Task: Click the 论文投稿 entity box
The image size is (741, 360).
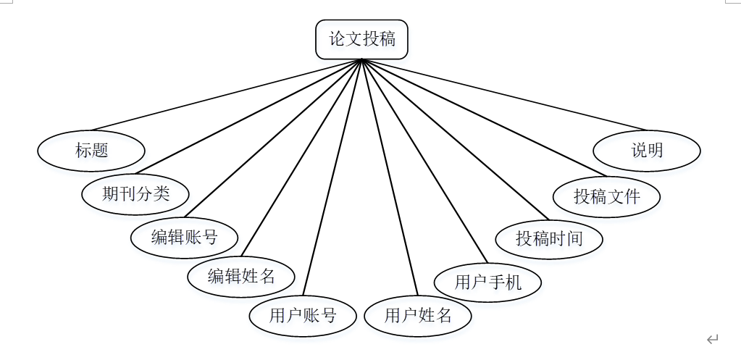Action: coord(362,39)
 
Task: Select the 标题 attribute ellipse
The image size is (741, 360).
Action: coord(91,151)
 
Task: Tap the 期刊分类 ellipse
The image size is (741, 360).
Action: coord(135,193)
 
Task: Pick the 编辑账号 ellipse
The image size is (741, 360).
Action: coord(185,237)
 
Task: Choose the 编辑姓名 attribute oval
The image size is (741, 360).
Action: coord(241,276)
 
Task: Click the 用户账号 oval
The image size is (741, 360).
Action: coord(303,316)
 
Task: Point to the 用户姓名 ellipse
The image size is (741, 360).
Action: coord(418,316)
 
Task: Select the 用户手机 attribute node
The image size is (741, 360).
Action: coord(487,282)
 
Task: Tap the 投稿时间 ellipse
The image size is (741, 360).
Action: coord(549,238)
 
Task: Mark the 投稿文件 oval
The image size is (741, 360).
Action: coord(607,196)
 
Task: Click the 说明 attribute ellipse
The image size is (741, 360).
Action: coord(647,151)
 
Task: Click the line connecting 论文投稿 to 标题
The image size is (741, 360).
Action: coord(226,95)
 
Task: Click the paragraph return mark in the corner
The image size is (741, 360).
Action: coord(713,339)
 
